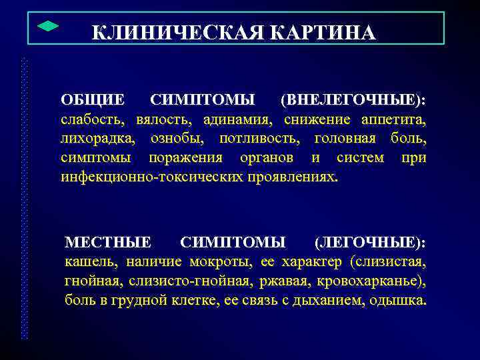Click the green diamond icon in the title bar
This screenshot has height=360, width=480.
45,26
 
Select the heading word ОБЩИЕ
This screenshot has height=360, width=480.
93,100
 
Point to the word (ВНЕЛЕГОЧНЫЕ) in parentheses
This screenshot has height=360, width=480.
354,100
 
